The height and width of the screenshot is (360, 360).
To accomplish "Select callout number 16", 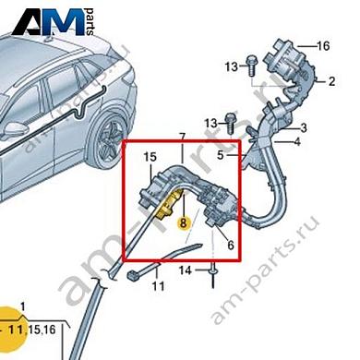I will (322, 45).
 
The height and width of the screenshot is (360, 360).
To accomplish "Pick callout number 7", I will (183, 138).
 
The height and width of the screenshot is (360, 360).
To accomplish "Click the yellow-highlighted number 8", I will (184, 222).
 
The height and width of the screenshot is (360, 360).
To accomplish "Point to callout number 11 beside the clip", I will (158, 287).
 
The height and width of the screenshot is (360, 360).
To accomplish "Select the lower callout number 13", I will (211, 123).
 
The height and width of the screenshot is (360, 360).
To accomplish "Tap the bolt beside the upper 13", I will (250, 63).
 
